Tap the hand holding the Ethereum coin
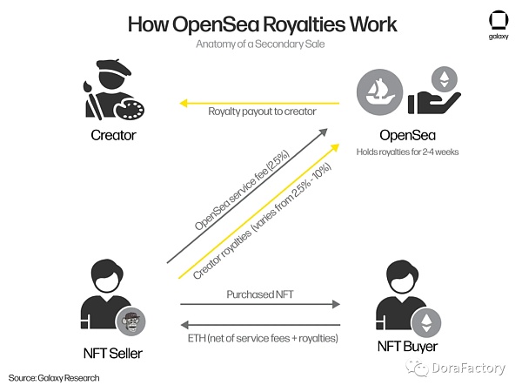[436, 92]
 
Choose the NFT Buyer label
[408, 348]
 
